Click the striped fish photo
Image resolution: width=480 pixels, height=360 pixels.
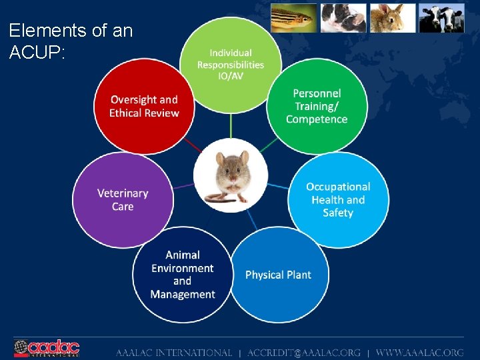click(293, 18)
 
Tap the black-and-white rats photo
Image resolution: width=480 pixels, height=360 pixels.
click(343, 18)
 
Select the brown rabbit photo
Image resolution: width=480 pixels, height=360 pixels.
click(393, 18)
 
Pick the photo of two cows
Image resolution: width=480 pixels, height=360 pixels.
click(441, 18)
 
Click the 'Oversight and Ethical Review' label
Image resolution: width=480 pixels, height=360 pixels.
click(144, 107)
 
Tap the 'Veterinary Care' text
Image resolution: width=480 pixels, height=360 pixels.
click(123, 200)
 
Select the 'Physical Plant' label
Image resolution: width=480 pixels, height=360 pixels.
click(278, 275)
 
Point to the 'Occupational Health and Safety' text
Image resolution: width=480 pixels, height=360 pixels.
click(338, 200)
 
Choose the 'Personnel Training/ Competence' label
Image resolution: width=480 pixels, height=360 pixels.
click(317, 107)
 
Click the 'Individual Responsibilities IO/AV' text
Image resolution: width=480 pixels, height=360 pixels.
click(231, 65)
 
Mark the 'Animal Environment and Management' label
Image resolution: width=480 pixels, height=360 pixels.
click(183, 275)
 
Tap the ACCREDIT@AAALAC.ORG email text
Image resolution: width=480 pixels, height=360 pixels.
click(303, 353)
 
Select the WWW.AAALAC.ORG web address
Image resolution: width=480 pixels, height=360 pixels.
click(420, 353)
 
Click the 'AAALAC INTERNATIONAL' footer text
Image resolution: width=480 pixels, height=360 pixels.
click(174, 353)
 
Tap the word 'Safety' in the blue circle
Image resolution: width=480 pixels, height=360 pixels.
click(338, 213)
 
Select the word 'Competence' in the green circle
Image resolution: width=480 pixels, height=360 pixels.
click(317, 120)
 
